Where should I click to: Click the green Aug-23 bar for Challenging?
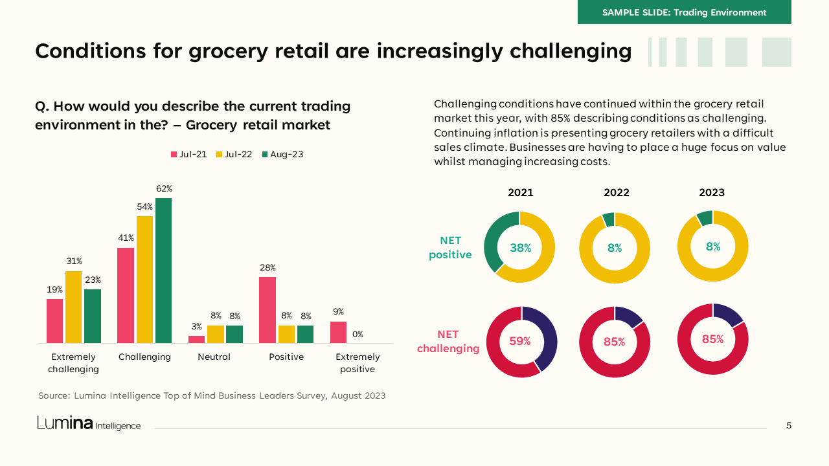point(163,271)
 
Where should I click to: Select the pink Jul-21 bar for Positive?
point(267,310)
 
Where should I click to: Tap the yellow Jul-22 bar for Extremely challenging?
point(74,307)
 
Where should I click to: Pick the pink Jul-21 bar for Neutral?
point(196,339)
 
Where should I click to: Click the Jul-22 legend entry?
point(234,155)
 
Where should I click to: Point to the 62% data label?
point(164,189)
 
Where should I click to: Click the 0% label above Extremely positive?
point(358,335)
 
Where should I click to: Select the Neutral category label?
point(214,357)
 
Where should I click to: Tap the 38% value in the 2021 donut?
point(520,247)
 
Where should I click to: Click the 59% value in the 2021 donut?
point(520,341)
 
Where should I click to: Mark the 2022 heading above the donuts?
point(616,193)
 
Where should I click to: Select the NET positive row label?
point(450,248)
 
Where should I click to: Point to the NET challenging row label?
point(448,342)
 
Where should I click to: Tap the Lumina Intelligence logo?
point(89,424)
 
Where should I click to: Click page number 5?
point(789,425)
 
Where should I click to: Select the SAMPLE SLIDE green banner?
point(684,12)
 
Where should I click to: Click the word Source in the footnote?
point(53,395)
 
